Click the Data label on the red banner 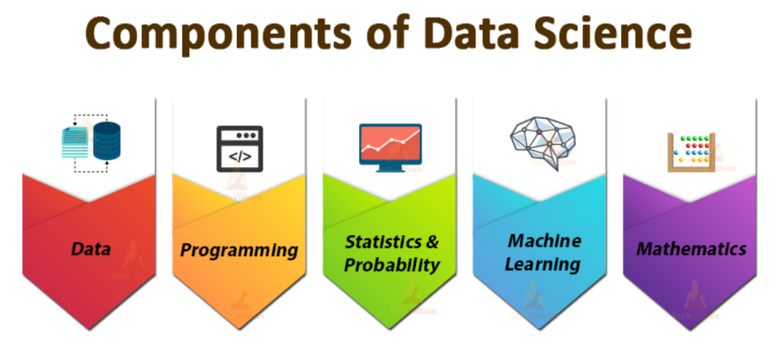tap(91, 249)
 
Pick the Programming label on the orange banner tap(239, 250)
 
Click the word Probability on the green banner tap(392, 265)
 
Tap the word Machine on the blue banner tap(544, 241)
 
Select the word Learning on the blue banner tap(543, 264)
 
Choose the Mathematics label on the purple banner tap(692, 249)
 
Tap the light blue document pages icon tap(75, 142)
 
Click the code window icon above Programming tap(239, 148)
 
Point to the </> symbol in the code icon tap(239, 157)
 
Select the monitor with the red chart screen tap(391, 144)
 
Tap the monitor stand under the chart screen tap(391, 168)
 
